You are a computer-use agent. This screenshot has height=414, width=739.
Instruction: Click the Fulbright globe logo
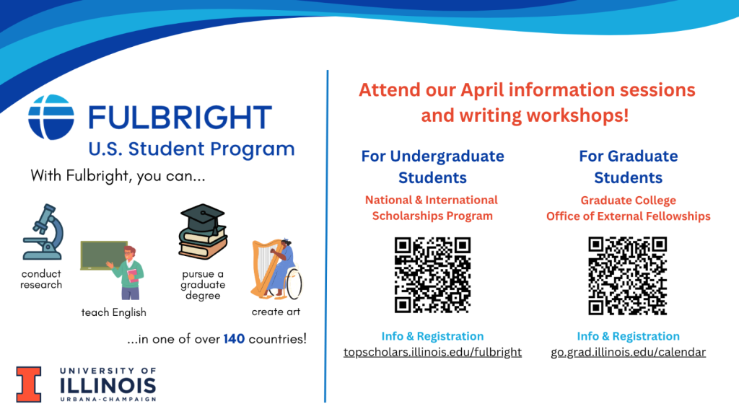pos(51,117)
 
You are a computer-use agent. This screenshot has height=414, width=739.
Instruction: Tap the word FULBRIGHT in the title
pos(180,118)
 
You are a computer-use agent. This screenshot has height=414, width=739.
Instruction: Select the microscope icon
pos(43,232)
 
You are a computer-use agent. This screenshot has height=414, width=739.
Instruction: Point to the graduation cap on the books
pos(203,216)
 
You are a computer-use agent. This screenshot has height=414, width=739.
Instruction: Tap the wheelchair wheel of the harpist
pos(294,283)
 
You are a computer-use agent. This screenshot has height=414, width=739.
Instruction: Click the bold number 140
pos(234,339)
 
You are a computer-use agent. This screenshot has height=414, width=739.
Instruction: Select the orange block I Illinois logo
pos(29,384)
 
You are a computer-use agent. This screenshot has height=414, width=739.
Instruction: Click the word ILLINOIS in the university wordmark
pos(108,386)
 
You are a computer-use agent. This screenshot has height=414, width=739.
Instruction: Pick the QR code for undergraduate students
pos(432,275)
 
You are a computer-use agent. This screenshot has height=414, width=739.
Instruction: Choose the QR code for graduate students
pos(628,276)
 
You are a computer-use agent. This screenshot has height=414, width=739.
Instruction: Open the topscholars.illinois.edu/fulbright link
pos(433,352)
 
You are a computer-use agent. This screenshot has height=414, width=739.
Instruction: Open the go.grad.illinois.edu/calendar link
pos(629,352)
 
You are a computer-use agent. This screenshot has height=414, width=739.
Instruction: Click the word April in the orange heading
pos(481,90)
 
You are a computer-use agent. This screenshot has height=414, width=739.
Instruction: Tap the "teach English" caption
pos(113,312)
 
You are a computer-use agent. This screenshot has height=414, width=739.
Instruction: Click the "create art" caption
pos(276,312)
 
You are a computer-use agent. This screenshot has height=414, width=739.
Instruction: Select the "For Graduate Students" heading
pos(629,167)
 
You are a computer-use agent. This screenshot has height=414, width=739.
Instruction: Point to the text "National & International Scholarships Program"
pos(432,208)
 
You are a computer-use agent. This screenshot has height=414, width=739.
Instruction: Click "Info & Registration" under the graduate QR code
pos(629,336)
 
